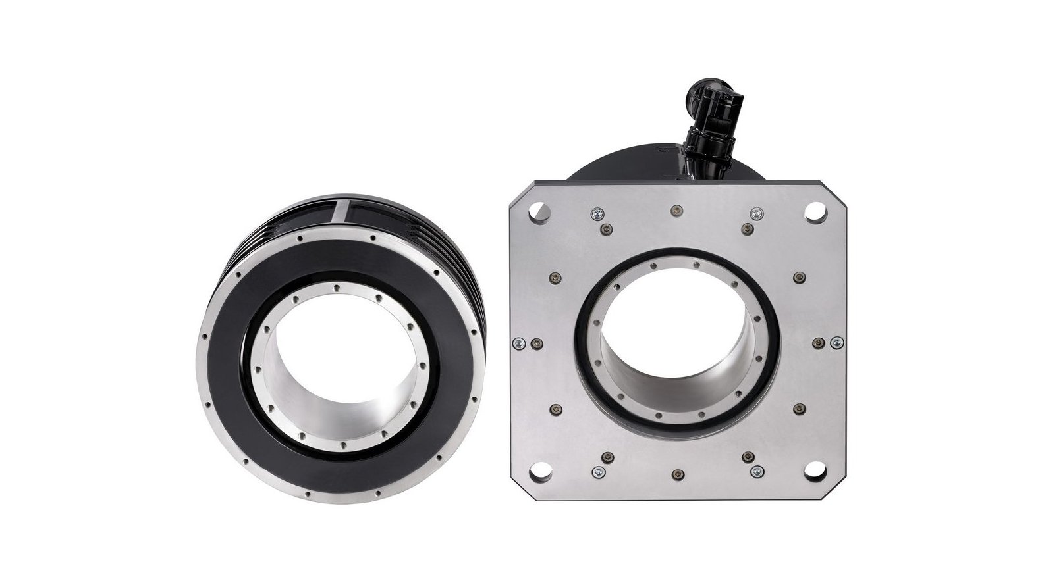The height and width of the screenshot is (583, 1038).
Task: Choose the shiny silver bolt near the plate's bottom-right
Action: click(756, 471)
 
